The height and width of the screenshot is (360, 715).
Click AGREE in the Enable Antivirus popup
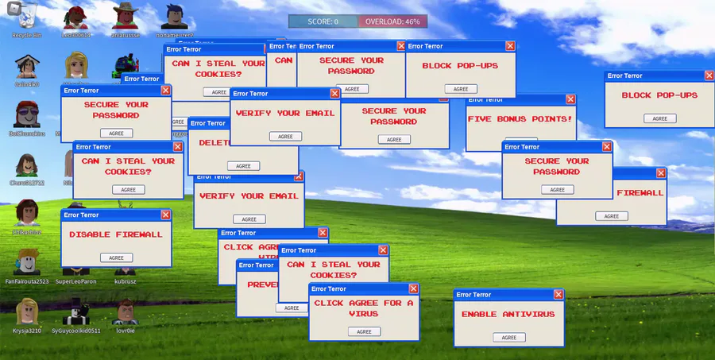pyautogui.click(x=509, y=337)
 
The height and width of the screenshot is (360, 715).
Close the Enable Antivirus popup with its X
pyautogui.click(x=558, y=294)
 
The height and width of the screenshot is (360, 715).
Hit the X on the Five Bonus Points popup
pyautogui.click(x=570, y=99)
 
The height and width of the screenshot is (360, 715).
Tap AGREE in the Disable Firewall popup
pyautogui.click(x=116, y=257)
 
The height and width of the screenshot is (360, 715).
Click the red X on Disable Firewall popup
pyautogui.click(x=166, y=215)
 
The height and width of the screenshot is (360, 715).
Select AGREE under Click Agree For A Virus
pyautogui.click(x=364, y=331)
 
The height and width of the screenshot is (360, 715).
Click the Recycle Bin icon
pyautogui.click(x=26, y=17)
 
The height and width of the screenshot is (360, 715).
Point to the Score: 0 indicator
pyautogui.click(x=323, y=21)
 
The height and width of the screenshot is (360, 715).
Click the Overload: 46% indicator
pyautogui.click(x=392, y=21)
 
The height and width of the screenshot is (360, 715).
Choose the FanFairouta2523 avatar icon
pyautogui.click(x=27, y=262)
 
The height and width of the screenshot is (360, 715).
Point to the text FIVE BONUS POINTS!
pyautogui.click(x=520, y=118)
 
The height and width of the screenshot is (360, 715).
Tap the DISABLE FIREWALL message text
pyautogui.click(x=116, y=234)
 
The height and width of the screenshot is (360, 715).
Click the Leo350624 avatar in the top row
pyautogui.click(x=76, y=17)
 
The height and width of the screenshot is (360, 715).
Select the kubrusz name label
pyautogui.click(x=126, y=281)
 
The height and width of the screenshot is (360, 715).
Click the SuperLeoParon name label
pyautogui.click(x=76, y=281)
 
